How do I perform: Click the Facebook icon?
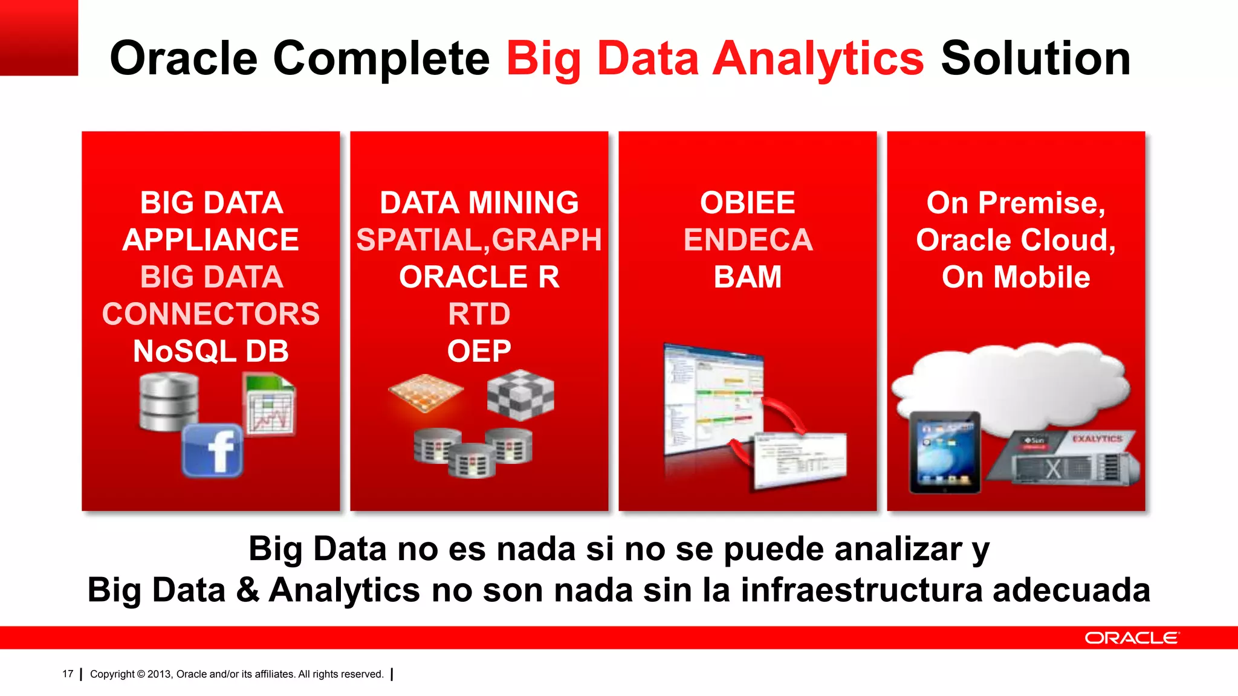click(x=212, y=450)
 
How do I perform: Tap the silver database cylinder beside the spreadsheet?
click(x=169, y=401)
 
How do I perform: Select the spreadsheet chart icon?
click(x=270, y=404)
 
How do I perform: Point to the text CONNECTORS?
click(x=211, y=314)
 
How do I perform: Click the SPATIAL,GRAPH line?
click(x=479, y=240)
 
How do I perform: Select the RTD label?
click(x=479, y=314)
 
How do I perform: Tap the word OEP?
click(x=479, y=351)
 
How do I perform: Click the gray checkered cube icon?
click(x=520, y=396)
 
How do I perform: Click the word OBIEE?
click(x=747, y=202)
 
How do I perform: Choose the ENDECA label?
click(x=748, y=240)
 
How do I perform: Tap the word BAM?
click(x=748, y=277)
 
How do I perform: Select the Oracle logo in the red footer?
click(x=1132, y=638)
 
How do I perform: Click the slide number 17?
click(x=68, y=674)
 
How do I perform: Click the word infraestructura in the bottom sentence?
click(x=861, y=590)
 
